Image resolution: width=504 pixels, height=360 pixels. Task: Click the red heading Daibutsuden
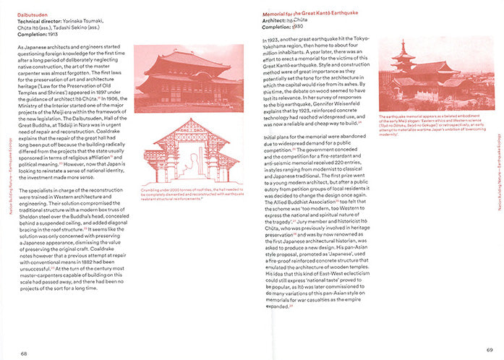[x=34, y=13]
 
